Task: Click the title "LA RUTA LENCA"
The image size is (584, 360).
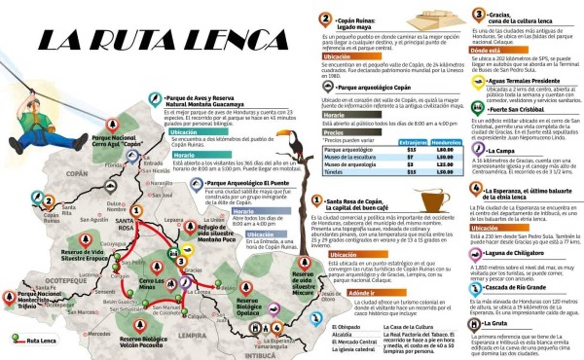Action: [x=164, y=40]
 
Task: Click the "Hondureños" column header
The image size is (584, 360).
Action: [x=446, y=142]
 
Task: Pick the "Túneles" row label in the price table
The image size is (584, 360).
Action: [x=334, y=172]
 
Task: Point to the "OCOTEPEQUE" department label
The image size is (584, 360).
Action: [x=66, y=280]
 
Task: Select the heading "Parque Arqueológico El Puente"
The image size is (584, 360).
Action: [x=247, y=183]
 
